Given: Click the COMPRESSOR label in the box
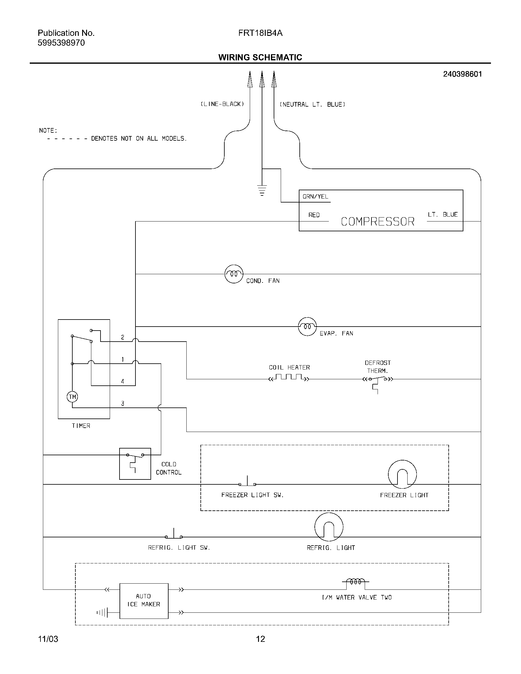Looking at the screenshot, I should click(x=378, y=222).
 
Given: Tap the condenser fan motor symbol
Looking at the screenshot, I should click(x=234, y=274).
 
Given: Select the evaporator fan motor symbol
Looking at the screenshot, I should click(x=307, y=327).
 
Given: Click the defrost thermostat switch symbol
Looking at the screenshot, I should click(x=378, y=379).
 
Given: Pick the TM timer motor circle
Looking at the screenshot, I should click(x=72, y=397).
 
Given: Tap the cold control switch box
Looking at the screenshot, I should click(x=135, y=464).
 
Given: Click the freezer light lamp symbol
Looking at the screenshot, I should click(x=402, y=474).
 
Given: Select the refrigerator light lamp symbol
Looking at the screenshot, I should click(x=329, y=527).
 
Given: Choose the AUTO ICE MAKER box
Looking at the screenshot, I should click(x=144, y=601).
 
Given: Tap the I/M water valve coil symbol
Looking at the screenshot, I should click(x=356, y=582).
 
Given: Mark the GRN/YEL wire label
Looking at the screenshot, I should click(x=315, y=197).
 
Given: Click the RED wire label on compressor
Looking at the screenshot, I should click(x=314, y=215).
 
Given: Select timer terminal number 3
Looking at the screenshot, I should click(x=123, y=403).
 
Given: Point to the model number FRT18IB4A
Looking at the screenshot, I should click(x=260, y=33).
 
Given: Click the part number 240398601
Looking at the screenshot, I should click(x=462, y=74).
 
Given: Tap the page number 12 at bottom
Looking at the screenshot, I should click(x=260, y=639).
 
